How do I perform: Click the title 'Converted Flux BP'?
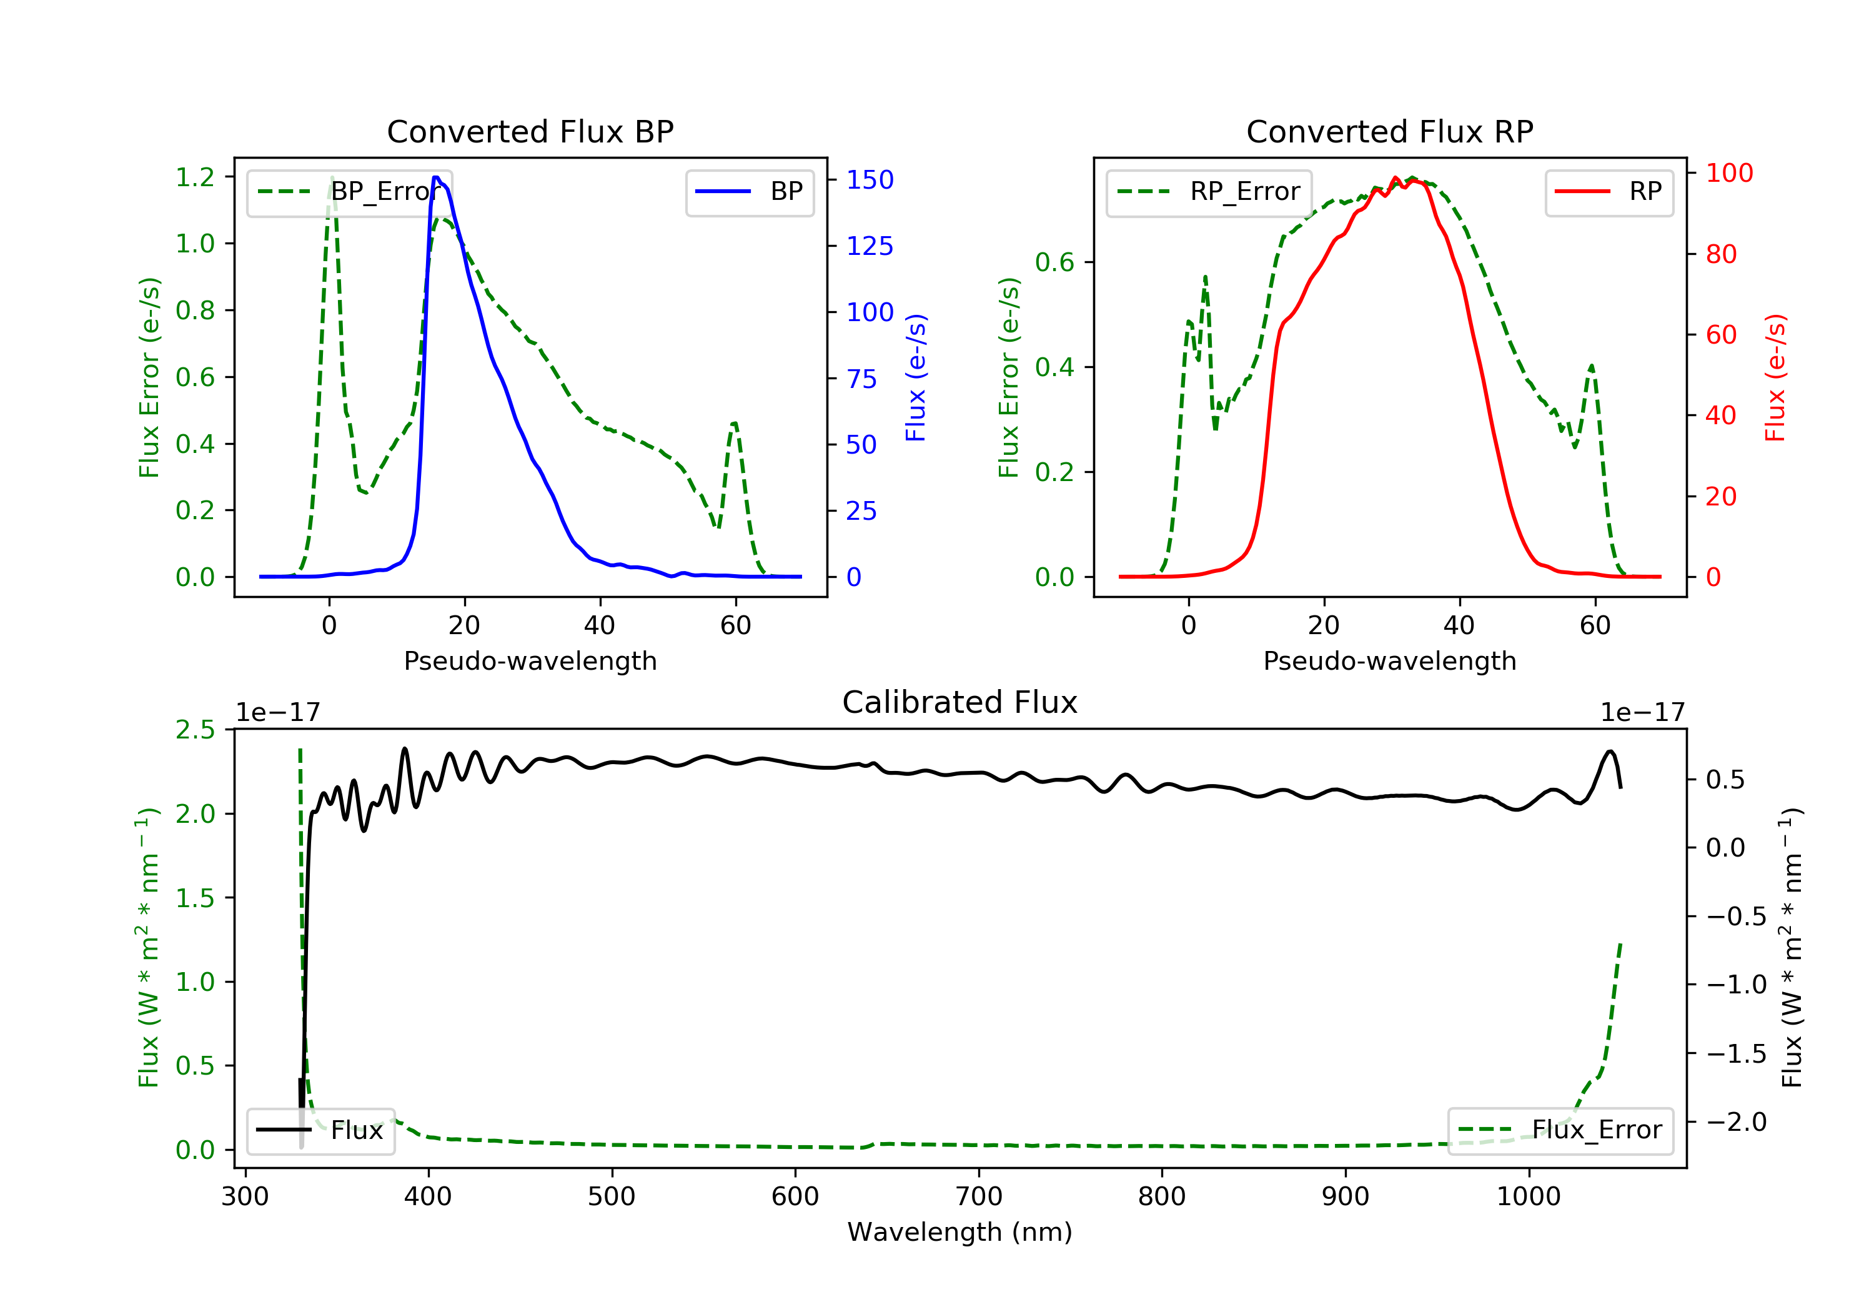click(530, 131)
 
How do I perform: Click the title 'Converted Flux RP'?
click(1389, 131)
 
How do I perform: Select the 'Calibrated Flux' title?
click(960, 702)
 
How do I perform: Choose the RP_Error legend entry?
click(1209, 192)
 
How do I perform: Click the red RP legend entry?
click(1609, 192)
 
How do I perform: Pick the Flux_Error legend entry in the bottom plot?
click(1560, 1130)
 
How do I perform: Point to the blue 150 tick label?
click(870, 179)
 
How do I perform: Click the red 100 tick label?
click(1728, 173)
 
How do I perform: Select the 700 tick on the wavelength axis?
click(979, 1196)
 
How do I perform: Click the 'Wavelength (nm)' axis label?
click(960, 1232)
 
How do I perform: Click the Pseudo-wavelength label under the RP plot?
click(1389, 660)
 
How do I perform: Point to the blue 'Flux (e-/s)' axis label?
click(916, 377)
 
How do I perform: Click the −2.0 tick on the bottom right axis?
click(1736, 1122)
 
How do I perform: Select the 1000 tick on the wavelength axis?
click(1528, 1196)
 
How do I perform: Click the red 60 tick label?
click(1720, 335)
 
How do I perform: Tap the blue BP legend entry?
click(749, 192)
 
